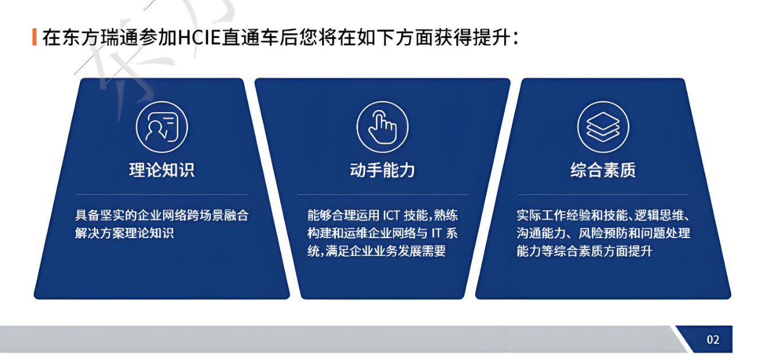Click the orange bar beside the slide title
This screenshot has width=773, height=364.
34,37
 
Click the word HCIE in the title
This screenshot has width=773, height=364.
199,38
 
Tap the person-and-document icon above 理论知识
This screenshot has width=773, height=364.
162,127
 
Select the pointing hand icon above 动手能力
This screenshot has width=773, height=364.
382,127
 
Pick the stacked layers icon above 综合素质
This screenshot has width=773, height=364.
603,127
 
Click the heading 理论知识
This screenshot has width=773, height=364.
162,170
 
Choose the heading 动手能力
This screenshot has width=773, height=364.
382,170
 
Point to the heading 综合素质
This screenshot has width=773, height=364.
603,170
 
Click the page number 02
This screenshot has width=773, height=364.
713,340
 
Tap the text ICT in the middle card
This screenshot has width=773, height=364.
391,215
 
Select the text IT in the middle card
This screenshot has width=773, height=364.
437,234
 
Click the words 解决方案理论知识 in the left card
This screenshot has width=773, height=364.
124,234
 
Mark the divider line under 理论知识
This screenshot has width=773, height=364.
162,195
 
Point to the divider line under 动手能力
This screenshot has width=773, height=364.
382,195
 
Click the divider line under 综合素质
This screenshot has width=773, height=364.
603,195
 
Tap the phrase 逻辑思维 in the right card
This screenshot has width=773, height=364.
659,215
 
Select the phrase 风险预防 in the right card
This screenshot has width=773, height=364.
603,234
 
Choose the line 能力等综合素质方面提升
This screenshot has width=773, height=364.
584,251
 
